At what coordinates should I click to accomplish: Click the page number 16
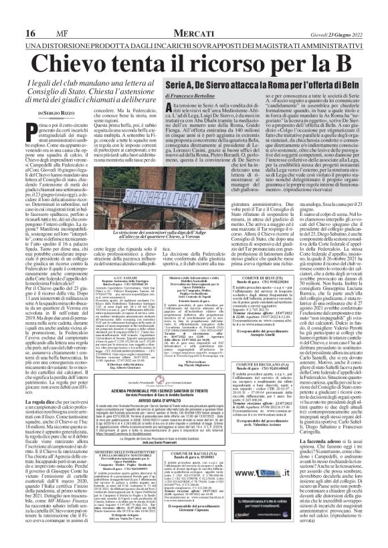[11, 13]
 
